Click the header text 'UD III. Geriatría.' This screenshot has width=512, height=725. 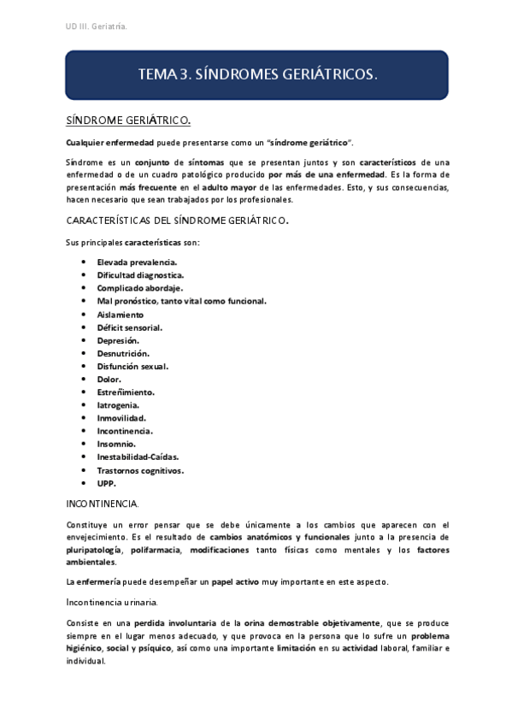click(x=97, y=27)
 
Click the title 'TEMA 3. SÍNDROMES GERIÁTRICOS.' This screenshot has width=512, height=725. click(x=256, y=75)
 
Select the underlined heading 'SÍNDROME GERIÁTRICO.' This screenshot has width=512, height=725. click(x=128, y=120)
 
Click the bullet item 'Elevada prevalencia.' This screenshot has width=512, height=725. click(x=138, y=262)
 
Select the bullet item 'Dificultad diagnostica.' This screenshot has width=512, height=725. click(x=140, y=274)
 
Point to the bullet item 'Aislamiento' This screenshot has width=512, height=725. click(x=121, y=314)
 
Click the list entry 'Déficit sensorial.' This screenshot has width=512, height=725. click(x=130, y=327)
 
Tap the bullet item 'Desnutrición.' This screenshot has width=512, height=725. click(x=123, y=353)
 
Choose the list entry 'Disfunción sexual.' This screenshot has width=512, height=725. click(x=132, y=366)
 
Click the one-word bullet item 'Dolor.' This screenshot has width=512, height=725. click(x=109, y=379)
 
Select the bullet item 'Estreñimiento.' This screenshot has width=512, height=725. click(x=126, y=392)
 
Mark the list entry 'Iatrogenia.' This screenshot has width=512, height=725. click(x=119, y=404)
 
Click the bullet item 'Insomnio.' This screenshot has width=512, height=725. click(x=116, y=444)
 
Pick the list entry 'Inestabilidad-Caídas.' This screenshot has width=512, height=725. click(x=138, y=457)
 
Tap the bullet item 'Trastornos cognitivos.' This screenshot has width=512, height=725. click(x=140, y=470)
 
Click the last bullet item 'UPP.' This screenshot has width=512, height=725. click(x=107, y=483)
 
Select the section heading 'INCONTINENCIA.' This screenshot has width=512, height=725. click(x=103, y=504)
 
